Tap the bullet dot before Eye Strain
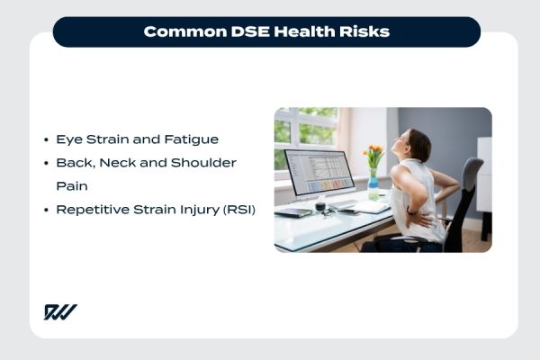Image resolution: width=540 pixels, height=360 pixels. [x=46, y=140]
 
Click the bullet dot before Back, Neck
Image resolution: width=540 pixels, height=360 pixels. [x=46, y=163]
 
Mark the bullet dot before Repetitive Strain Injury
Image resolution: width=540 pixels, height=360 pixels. [x=46, y=210]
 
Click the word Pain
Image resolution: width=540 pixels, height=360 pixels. [x=71, y=186]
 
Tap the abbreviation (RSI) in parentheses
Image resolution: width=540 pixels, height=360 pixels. [x=237, y=210]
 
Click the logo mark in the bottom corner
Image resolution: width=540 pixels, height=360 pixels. [x=60, y=312]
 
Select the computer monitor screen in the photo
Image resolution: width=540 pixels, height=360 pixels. [x=319, y=172]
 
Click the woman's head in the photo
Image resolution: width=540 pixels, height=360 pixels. [x=420, y=145]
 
